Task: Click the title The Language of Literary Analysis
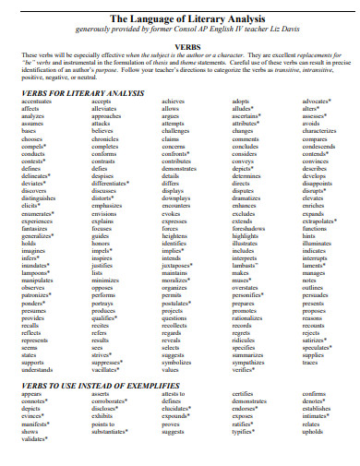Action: [x=180, y=18]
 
